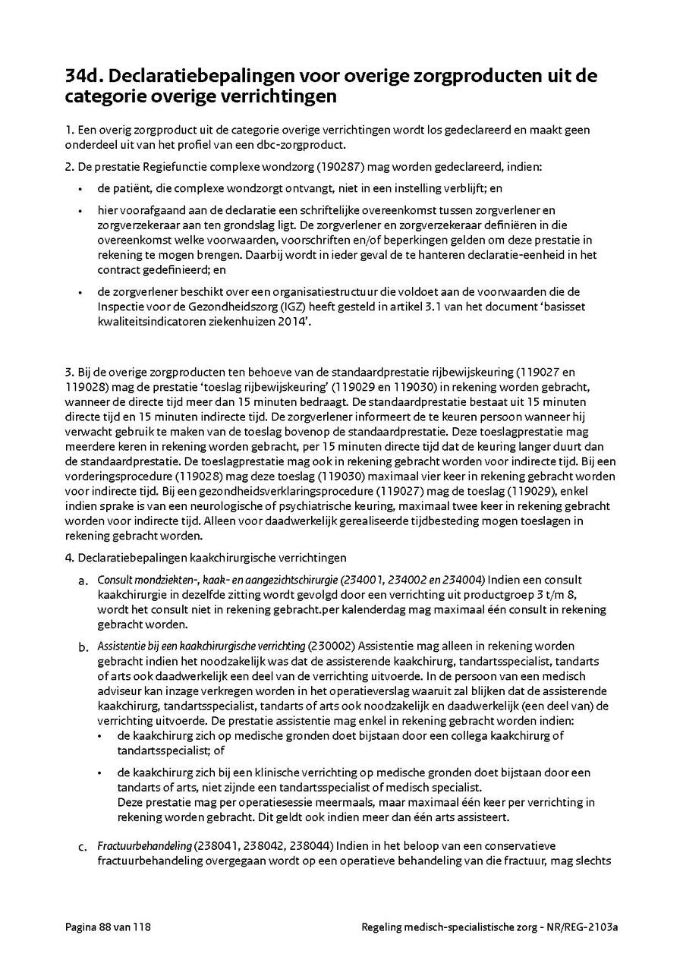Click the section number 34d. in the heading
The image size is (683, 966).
(85, 77)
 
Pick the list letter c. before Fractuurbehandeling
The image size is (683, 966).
(83, 846)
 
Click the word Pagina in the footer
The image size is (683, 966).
(80, 927)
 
